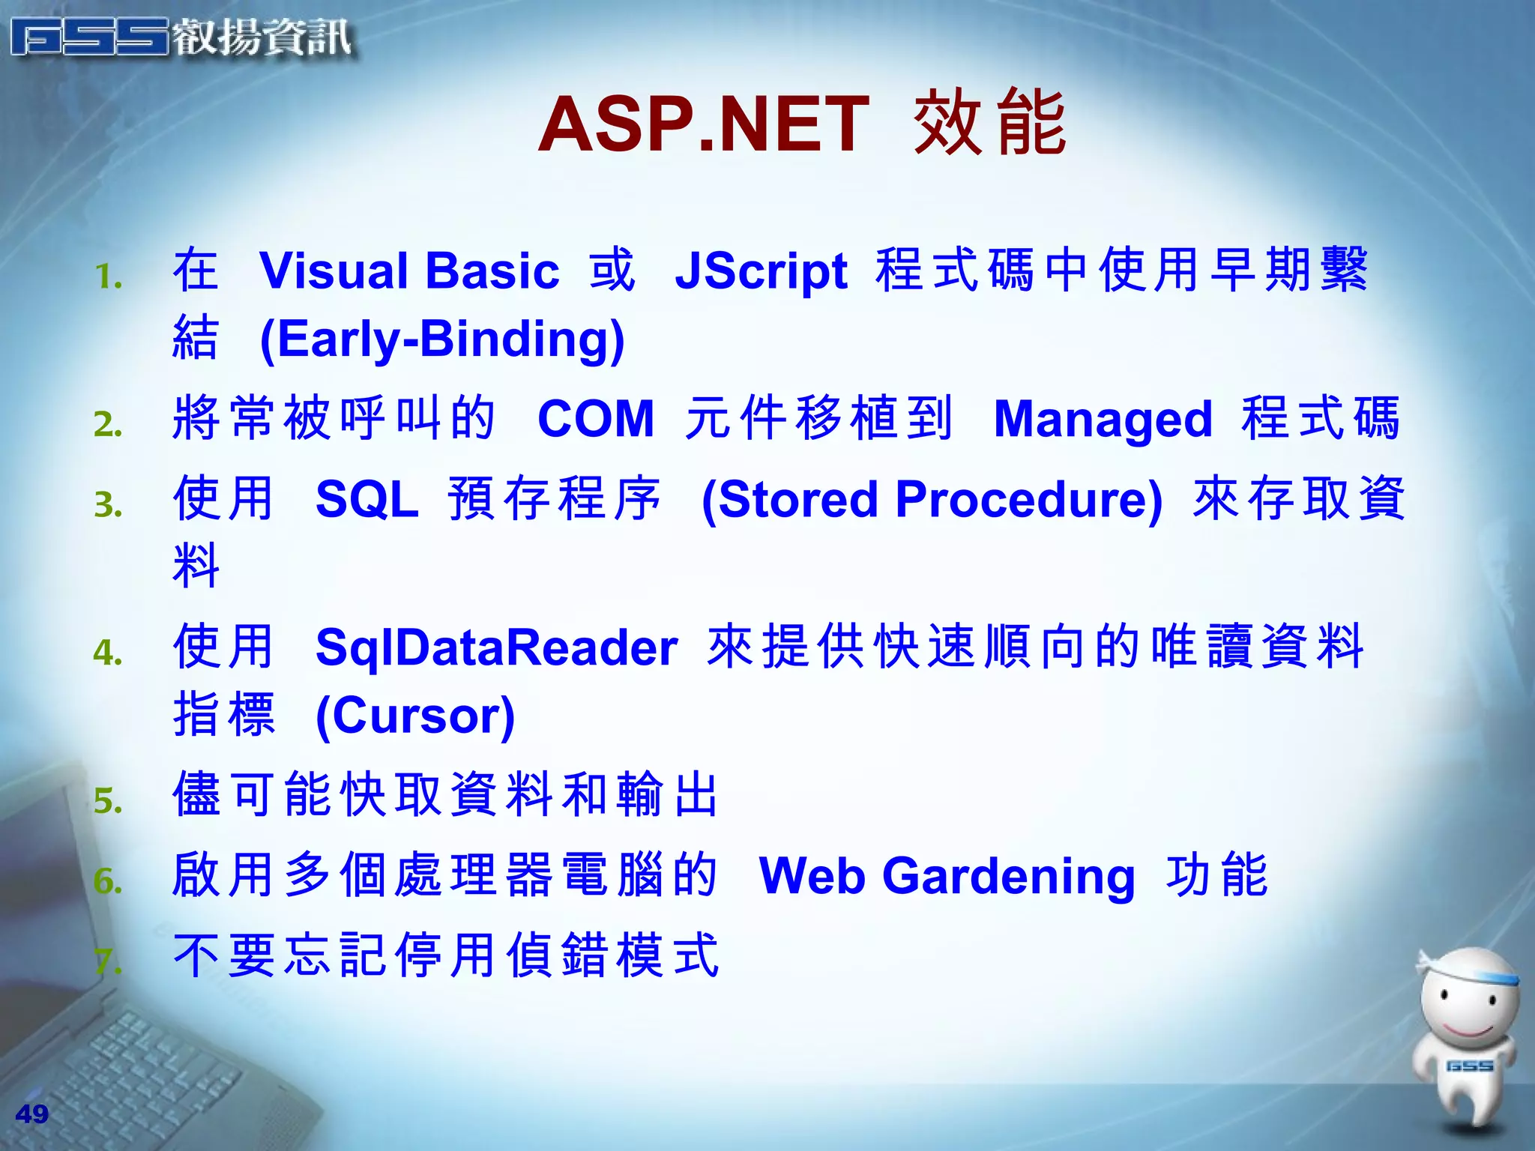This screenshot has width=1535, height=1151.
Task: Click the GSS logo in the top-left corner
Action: (x=90, y=37)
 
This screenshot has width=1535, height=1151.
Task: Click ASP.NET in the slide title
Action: (x=703, y=124)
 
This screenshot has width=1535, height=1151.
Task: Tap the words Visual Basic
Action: (x=409, y=271)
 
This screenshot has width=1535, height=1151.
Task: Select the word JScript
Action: (x=761, y=271)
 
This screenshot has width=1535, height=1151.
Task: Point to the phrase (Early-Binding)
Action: (x=442, y=339)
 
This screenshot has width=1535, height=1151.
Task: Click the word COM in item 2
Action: (x=596, y=418)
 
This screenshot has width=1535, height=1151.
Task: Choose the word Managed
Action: (x=1103, y=419)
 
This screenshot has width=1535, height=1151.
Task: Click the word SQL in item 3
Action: (x=367, y=499)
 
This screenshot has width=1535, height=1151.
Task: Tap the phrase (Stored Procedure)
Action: (x=932, y=500)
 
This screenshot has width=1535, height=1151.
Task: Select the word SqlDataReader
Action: (x=496, y=647)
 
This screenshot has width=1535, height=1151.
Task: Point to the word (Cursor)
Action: (x=415, y=716)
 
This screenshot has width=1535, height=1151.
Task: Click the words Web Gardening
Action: (x=947, y=875)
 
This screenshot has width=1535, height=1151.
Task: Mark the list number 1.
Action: (x=108, y=278)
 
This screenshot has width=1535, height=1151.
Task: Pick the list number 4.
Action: (x=108, y=653)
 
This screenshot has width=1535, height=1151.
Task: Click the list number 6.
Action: (x=108, y=881)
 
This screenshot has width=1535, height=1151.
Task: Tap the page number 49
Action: (x=31, y=1114)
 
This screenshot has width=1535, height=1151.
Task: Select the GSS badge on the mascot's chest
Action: (x=1469, y=1066)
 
